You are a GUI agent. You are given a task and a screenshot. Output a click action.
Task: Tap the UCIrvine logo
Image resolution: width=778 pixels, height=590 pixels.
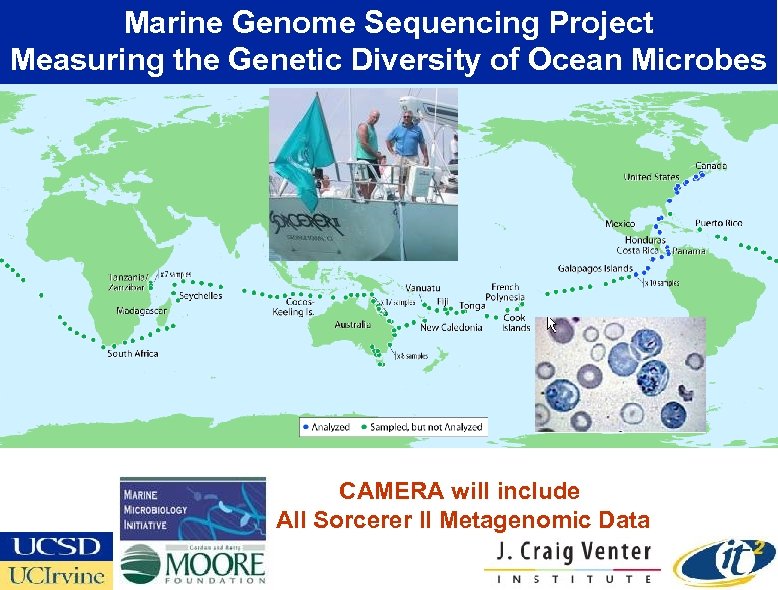(x=56, y=575)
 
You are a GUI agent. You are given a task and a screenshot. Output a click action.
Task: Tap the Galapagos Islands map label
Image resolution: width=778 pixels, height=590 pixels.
(x=595, y=268)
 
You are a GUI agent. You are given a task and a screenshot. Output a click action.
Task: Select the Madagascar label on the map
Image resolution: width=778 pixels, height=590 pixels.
(x=143, y=311)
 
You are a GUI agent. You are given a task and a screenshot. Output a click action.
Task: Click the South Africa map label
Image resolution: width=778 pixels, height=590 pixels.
(x=133, y=354)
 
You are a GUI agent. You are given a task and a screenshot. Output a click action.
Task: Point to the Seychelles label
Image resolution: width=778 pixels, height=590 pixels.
(x=200, y=296)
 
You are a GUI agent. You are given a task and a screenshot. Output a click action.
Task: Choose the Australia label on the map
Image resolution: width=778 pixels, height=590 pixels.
(x=352, y=325)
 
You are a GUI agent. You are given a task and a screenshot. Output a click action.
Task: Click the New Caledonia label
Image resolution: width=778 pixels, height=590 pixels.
(x=450, y=328)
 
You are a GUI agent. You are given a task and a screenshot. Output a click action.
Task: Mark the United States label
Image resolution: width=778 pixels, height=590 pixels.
(x=651, y=177)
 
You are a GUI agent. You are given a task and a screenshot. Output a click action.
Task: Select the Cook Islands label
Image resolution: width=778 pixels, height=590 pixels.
(x=516, y=323)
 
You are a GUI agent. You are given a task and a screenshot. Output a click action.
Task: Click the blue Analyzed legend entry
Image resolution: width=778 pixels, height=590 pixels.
(x=326, y=427)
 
